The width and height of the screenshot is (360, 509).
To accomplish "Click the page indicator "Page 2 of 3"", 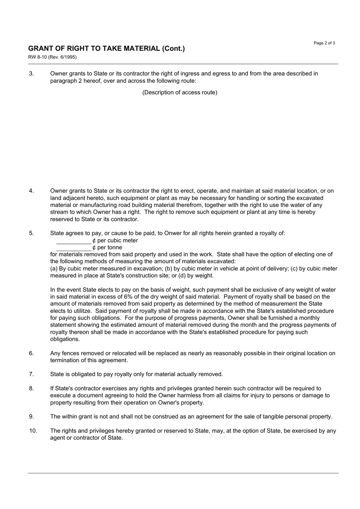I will (x=324, y=43).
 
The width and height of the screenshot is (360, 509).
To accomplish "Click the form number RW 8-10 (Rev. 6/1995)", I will (x=52, y=57).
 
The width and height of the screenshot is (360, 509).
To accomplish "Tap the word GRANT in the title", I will (x=40, y=49).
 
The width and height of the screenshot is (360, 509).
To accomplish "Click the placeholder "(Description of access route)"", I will (x=180, y=93).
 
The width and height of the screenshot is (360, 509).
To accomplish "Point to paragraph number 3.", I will (x=31, y=74).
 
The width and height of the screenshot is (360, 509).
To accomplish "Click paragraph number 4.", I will (x=31, y=191).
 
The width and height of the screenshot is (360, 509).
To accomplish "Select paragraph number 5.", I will (x=31, y=233).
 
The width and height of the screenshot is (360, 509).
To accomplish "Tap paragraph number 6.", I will (x=31, y=353).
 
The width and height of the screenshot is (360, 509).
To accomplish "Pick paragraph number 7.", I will (x=31, y=374).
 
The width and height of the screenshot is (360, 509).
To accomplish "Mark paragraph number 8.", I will (x=31, y=388).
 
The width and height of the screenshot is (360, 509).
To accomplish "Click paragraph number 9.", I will (x=31, y=417).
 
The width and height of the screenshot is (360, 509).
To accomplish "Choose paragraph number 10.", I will (x=33, y=431).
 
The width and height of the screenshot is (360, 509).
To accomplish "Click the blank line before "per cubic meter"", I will (x=74, y=241).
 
